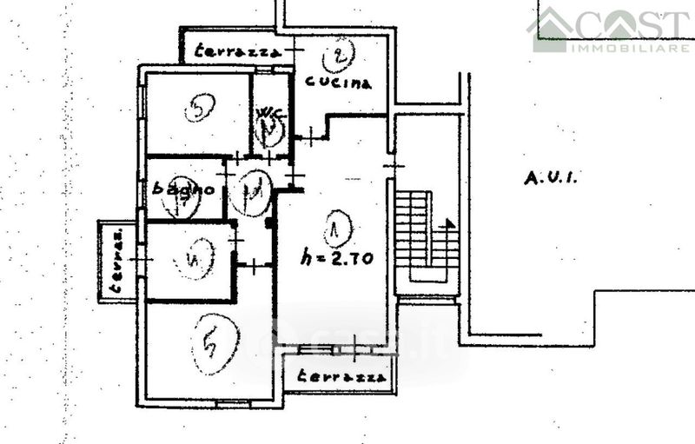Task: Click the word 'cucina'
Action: [338, 83]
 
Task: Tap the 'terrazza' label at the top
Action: [237, 50]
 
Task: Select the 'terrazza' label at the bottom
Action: [341, 377]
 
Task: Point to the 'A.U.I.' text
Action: [552, 179]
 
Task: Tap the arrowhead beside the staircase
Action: [449, 223]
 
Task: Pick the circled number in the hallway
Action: [255, 185]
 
